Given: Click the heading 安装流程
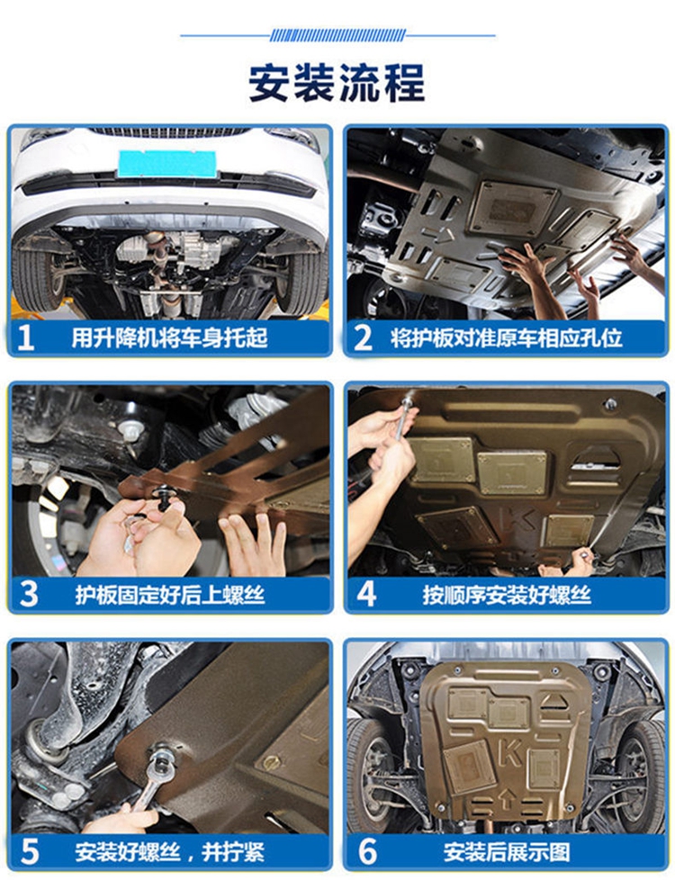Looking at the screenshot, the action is (x=337, y=83).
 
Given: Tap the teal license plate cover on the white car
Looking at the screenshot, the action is (x=167, y=164).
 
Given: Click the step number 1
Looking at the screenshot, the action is (x=26, y=337).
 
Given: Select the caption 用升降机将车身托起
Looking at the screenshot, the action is (x=169, y=337).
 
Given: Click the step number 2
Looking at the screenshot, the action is (x=363, y=337).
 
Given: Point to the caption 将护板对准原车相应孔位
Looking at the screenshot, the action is (x=507, y=337).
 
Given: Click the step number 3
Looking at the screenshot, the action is (x=28, y=595).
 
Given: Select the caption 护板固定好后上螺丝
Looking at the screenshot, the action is (x=169, y=595).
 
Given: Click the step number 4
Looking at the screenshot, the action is (x=366, y=595).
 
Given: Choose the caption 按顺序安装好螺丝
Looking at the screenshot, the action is (x=507, y=595).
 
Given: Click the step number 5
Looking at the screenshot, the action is (x=29, y=851).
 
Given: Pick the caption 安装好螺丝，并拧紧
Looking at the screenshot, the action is (x=169, y=851).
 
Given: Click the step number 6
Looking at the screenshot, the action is (x=367, y=851).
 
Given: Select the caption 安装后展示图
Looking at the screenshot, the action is (x=507, y=851).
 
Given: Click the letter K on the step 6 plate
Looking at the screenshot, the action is (x=510, y=752).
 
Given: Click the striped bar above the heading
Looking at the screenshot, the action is (x=337, y=35).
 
